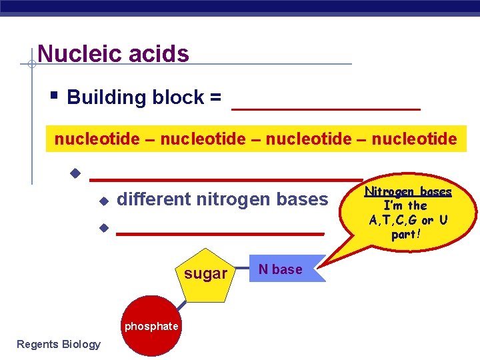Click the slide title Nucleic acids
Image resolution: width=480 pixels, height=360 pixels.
click(x=113, y=53)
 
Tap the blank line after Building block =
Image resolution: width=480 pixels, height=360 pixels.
click(x=325, y=107)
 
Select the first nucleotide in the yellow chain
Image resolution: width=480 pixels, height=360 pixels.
click(x=97, y=139)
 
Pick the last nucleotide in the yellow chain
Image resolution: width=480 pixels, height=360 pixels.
click(x=415, y=139)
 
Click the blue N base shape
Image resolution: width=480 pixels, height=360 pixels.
click(x=284, y=269)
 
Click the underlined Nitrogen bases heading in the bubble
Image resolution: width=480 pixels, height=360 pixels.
click(x=408, y=192)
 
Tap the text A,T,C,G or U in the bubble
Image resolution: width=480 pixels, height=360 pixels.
click(x=408, y=220)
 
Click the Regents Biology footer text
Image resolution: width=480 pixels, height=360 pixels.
click(x=59, y=344)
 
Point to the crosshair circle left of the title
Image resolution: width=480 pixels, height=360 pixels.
click(x=31, y=65)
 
